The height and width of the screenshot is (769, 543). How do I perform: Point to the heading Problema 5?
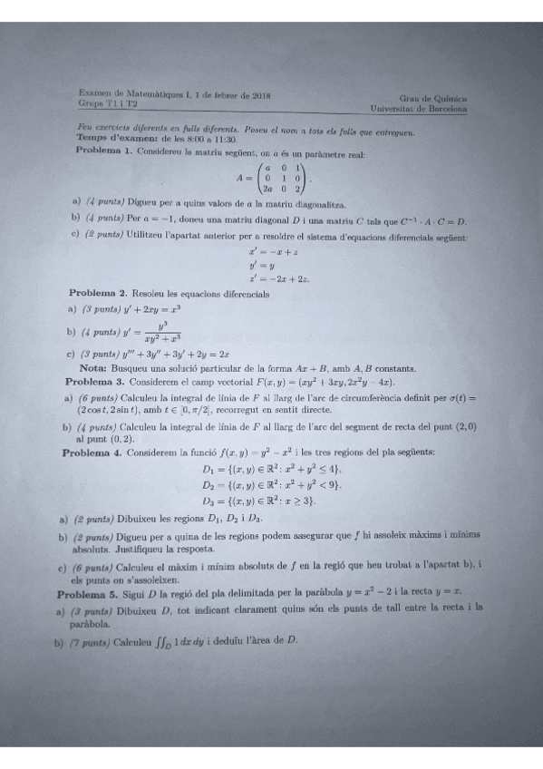[x=89, y=595]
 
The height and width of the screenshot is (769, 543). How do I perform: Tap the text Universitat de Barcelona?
[x=419, y=108]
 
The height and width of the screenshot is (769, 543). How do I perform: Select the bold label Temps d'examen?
[x=117, y=140]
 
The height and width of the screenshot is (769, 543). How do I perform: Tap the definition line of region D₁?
[x=271, y=469]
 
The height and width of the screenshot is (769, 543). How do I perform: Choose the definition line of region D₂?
[x=271, y=484]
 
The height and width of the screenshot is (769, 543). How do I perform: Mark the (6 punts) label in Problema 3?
[x=97, y=397]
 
